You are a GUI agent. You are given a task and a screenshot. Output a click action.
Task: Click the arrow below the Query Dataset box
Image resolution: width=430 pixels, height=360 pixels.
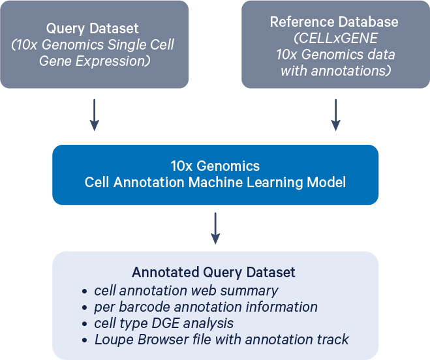tap(95, 115)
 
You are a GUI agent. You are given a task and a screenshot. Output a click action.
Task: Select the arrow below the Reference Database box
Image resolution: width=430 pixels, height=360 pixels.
tap(335, 115)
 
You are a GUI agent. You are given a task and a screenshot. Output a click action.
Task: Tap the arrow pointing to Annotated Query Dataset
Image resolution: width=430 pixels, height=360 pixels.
tap(215, 228)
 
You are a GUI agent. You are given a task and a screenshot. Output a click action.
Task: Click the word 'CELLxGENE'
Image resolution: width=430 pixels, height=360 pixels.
tap(335, 38)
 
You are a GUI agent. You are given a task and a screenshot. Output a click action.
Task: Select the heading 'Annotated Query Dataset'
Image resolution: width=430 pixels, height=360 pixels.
tap(213, 272)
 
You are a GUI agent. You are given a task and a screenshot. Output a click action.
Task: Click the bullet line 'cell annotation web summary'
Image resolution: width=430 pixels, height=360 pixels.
tap(186, 290)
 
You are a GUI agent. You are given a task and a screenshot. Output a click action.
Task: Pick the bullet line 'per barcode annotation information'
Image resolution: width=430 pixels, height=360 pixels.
tap(206, 307)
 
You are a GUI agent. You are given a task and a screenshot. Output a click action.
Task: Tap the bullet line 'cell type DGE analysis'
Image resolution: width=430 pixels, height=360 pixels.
tap(164, 323)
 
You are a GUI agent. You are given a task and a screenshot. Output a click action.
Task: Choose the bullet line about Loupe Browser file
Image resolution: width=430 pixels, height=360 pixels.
tap(221, 339)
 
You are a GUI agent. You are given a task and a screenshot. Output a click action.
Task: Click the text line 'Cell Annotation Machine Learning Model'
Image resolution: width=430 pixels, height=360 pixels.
tap(215, 182)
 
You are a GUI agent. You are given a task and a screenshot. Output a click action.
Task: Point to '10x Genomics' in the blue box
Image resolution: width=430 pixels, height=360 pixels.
tap(215, 166)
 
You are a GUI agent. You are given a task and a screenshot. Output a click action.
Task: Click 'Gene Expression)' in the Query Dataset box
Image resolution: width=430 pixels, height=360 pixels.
tap(95, 61)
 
